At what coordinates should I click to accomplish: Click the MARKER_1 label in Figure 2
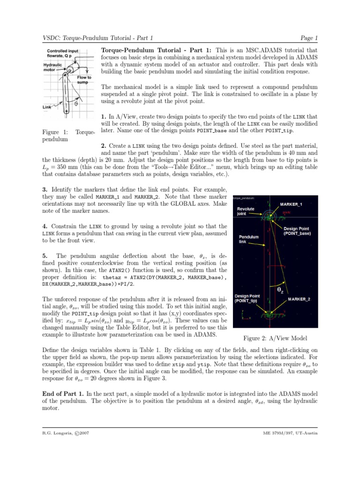click(x=291, y=204)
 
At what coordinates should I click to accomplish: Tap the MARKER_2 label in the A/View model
click(x=299, y=299)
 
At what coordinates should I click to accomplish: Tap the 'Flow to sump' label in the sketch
click(x=84, y=79)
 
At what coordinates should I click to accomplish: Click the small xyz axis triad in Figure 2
click(x=244, y=315)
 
